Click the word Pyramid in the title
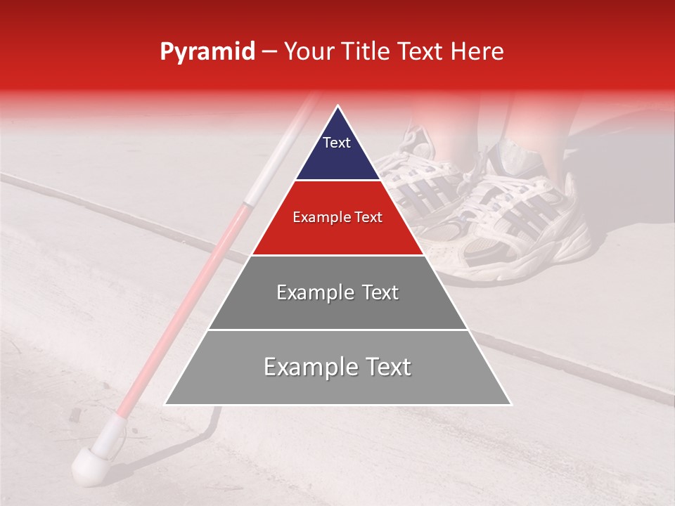(207, 52)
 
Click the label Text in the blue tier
(337, 143)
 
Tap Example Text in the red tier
(337, 217)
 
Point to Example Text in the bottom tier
(337, 367)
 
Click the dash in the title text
(269, 53)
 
